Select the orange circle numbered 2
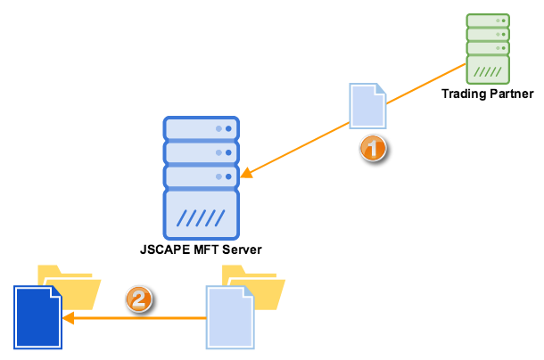coord(138,300)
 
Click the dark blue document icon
coord(37,316)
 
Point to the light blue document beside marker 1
coord(367,106)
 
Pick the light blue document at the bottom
coord(231,316)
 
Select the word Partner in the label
coord(512,94)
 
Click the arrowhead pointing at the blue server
coord(247,173)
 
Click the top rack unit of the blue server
coord(202,128)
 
